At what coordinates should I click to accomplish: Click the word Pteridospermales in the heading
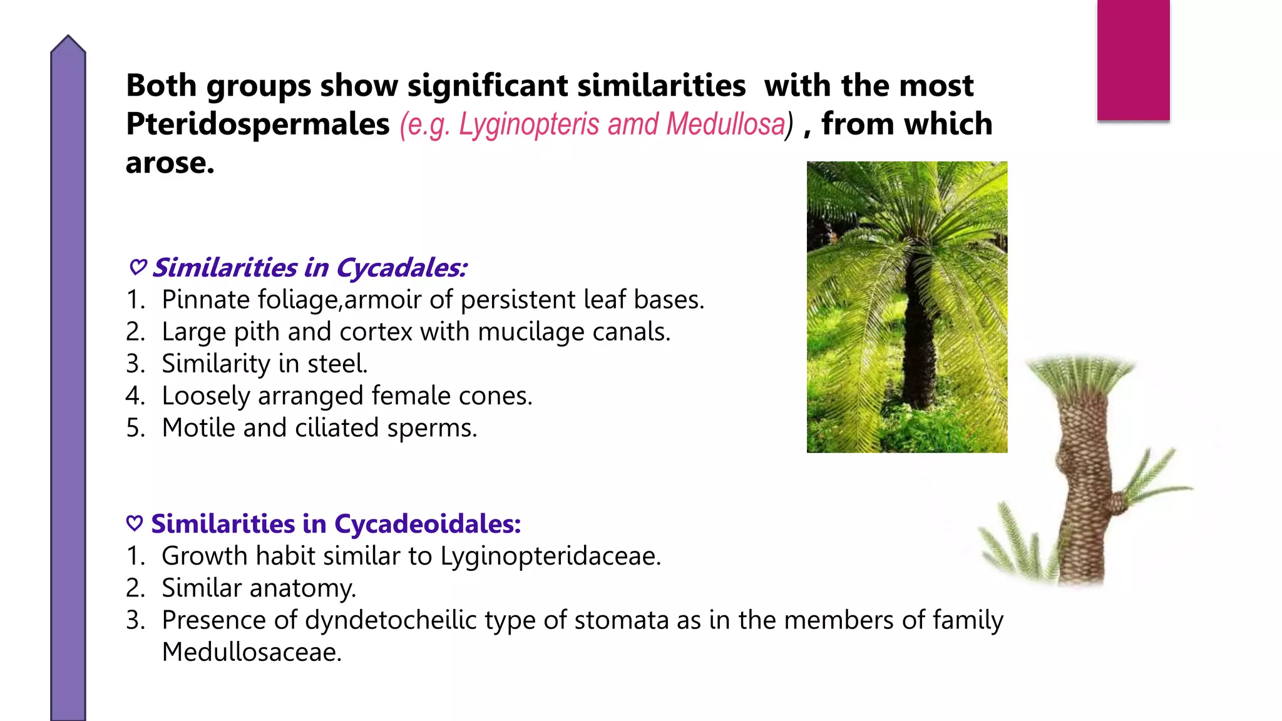[257, 124]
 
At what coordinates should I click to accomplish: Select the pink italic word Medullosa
[726, 124]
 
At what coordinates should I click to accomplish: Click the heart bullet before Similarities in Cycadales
[138, 267]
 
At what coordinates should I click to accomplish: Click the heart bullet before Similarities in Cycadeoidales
[135, 523]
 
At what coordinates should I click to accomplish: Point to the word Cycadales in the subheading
[401, 268]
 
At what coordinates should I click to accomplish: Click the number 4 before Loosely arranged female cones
[133, 396]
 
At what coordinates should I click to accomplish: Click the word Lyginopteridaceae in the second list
[550, 556]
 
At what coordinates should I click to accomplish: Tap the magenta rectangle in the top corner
[1133, 59]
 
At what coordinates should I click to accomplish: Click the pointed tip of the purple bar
[68, 39]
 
